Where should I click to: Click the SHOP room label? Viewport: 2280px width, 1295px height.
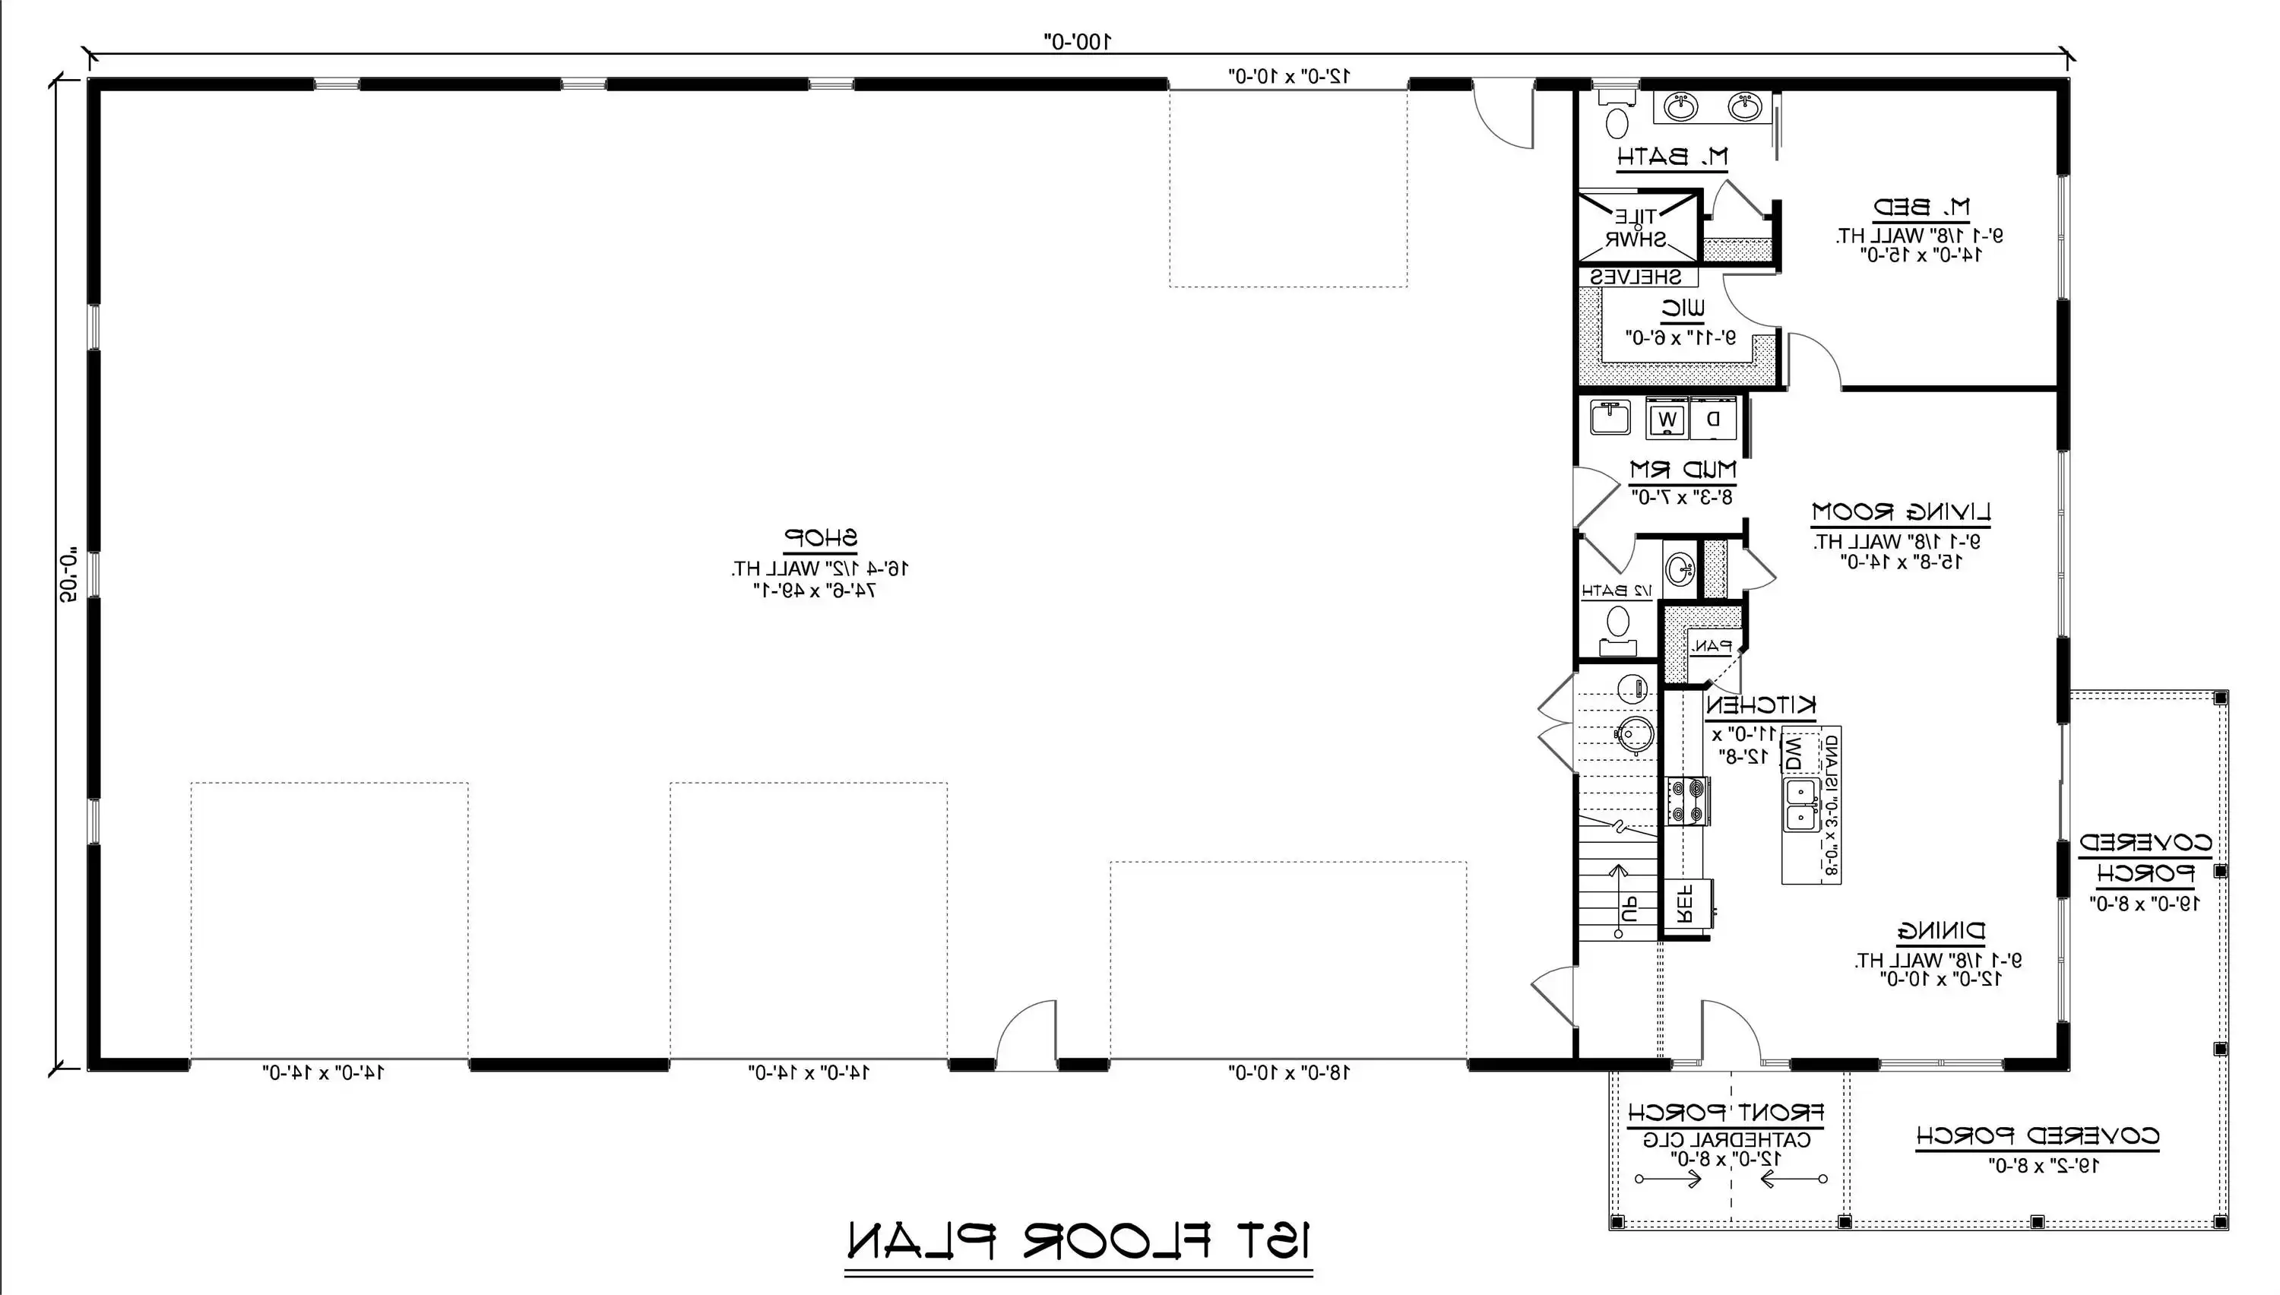click(820, 538)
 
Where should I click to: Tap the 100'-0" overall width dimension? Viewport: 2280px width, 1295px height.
click(1077, 41)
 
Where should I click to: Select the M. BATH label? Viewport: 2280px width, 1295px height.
click(1672, 157)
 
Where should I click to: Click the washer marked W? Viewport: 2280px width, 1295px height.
click(1667, 419)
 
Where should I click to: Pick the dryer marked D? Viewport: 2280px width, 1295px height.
click(1713, 419)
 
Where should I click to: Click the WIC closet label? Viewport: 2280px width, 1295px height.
click(1683, 309)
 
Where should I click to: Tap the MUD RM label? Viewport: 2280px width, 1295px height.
click(1683, 469)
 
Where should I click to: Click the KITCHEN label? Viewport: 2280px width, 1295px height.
click(1761, 705)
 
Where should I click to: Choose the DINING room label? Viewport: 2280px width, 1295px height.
click(1941, 931)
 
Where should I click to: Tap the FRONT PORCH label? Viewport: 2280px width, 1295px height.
click(1726, 1112)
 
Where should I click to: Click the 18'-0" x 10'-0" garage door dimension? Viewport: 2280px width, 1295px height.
click(1288, 1072)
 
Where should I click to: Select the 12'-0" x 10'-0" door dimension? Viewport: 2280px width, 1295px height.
click(1288, 77)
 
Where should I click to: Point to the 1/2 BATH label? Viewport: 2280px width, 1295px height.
click(1617, 591)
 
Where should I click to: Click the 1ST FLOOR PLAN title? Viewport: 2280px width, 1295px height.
click(1078, 1241)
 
